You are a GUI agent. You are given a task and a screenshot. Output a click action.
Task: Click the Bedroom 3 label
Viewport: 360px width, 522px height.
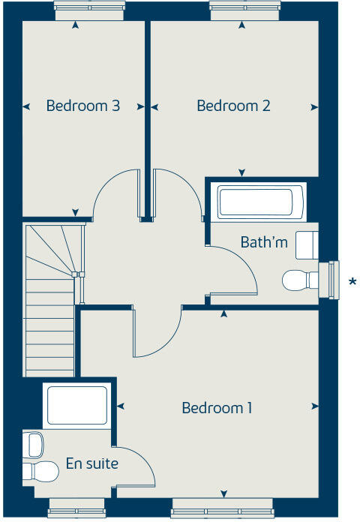click(x=83, y=106)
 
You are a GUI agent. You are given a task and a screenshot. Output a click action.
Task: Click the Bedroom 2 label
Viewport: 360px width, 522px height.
click(x=233, y=106)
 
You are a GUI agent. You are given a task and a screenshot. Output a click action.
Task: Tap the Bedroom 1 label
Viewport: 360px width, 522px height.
click(x=217, y=408)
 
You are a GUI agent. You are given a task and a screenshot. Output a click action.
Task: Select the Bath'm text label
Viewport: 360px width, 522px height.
click(x=264, y=242)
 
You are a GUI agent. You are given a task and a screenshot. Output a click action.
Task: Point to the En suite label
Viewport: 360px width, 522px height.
click(x=91, y=463)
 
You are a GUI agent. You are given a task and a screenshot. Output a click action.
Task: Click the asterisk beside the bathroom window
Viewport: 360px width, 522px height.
click(x=352, y=282)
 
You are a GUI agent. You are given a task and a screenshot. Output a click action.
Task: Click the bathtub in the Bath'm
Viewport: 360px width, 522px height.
click(x=255, y=202)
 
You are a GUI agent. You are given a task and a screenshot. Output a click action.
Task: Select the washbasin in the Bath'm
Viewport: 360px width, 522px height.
click(x=307, y=244)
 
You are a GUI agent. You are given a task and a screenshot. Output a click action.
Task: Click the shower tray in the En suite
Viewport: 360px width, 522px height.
click(x=76, y=406)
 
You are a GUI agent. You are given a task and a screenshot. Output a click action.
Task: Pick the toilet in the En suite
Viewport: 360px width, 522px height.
click(x=43, y=472)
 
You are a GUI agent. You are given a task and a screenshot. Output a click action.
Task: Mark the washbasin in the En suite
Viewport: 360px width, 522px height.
click(x=34, y=445)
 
